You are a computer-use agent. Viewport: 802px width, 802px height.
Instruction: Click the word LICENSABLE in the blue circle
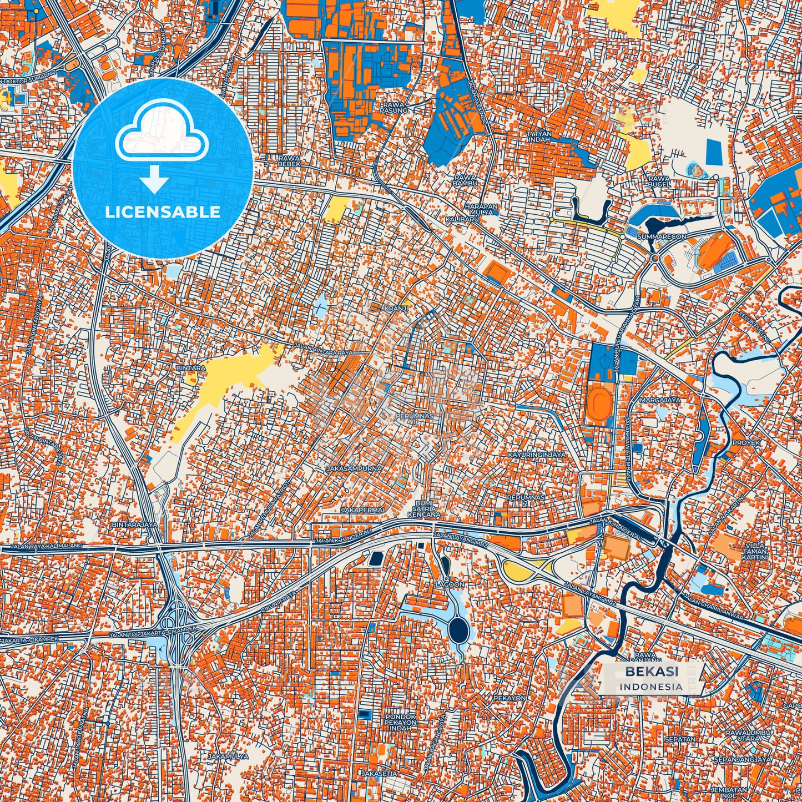[x=163, y=212]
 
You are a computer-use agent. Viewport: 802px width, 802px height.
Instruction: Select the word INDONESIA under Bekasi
[x=651, y=687]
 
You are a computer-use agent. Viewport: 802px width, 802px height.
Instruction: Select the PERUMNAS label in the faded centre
[x=413, y=415]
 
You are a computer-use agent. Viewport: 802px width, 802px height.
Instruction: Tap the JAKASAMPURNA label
[x=354, y=468]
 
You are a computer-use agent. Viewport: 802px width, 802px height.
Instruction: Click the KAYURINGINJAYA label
[x=536, y=455]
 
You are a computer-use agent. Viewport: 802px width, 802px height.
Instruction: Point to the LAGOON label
[x=450, y=584]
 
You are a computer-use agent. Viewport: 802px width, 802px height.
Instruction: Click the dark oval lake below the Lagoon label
[x=458, y=629]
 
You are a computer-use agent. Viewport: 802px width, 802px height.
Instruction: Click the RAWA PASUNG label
[x=395, y=107]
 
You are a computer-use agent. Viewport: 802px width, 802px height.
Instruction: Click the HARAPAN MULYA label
[x=468, y=209]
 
